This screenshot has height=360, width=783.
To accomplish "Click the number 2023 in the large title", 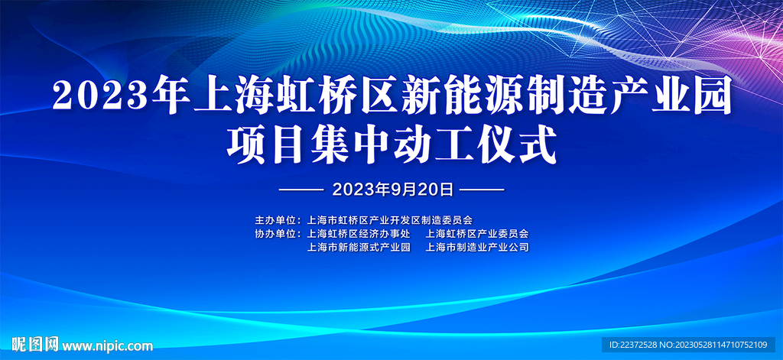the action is tap(99, 96).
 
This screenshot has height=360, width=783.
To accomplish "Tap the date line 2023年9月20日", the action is tap(392, 190).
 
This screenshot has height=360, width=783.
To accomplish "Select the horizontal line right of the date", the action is tap(482, 190).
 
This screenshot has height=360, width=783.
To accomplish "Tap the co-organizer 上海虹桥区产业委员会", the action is tap(477, 233).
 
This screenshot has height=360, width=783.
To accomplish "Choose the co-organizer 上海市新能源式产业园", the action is tap(359, 247).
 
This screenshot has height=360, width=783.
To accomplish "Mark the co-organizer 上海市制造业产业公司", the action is tap(477, 247).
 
